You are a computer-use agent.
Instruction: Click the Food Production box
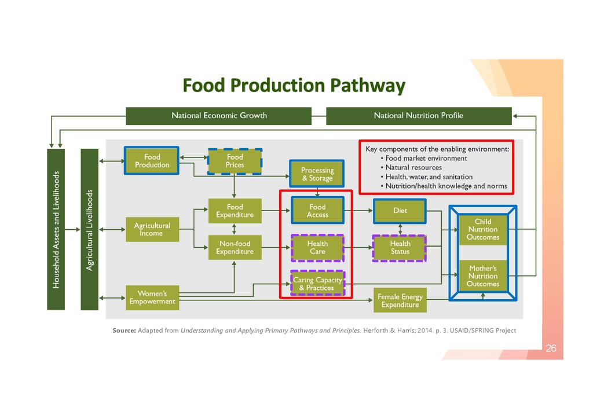pos(152,161)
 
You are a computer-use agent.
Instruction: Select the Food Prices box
pos(235,161)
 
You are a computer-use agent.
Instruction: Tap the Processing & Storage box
pos(317,174)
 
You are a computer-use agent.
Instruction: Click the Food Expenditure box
pos(235,211)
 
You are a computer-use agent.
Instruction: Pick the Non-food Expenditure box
pos(235,248)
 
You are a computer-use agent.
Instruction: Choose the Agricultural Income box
pos(152,229)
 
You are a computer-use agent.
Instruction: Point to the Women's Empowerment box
pos(152,297)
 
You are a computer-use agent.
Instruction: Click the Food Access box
pos(317,211)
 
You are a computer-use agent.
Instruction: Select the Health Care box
pos(317,248)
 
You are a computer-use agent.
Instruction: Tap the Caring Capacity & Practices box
pos(317,284)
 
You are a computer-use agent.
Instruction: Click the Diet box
pos(400,211)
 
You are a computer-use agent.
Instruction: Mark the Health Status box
pos(400,248)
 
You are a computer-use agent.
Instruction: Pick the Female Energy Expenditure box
pos(400,300)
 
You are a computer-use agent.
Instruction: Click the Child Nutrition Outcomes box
pos(483,229)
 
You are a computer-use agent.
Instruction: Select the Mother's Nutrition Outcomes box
pos(483,276)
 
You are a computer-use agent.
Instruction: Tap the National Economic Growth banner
pos(219,116)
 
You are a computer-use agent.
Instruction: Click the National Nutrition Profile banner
pos(419,116)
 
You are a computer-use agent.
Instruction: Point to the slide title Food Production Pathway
pos(294,86)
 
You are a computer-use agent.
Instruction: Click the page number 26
pos(551,348)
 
